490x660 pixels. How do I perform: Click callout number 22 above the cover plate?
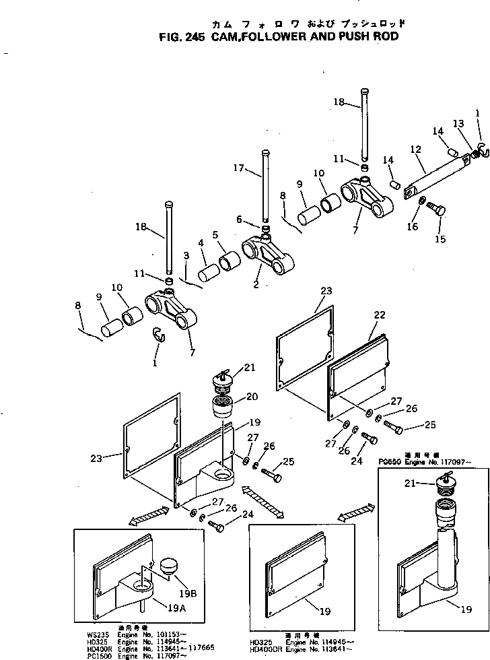click(x=379, y=315)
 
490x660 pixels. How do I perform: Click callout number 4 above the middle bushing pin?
click(x=201, y=242)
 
